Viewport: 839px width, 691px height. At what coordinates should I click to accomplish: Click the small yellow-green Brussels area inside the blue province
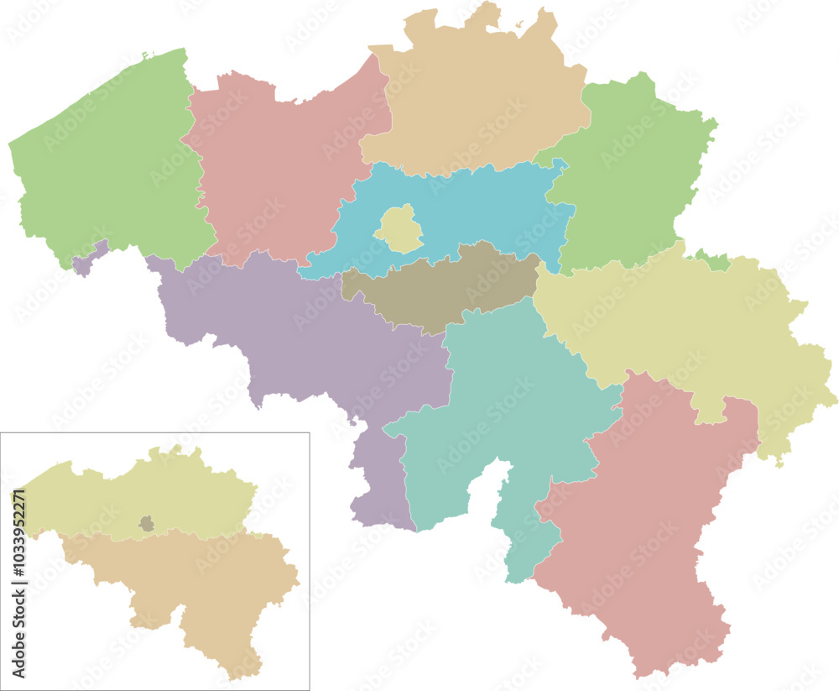tap(398, 229)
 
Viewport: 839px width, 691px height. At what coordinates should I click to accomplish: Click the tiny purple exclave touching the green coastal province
tap(88, 261)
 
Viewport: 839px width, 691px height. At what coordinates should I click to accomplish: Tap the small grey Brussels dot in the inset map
tap(147, 525)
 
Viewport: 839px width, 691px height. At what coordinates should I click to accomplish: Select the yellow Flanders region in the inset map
tap(126, 500)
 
